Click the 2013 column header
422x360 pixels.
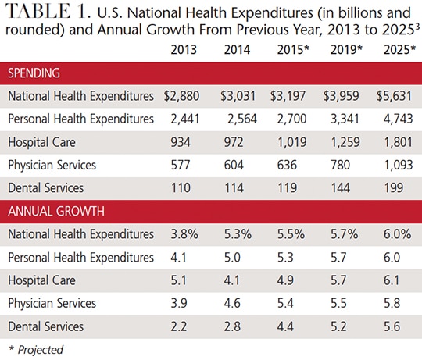click(x=184, y=50)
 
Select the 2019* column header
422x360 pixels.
click(x=346, y=50)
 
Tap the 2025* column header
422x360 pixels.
click(x=400, y=50)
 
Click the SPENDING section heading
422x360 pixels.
click(x=34, y=73)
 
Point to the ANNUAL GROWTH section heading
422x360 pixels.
click(x=56, y=212)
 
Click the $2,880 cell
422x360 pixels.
click(x=181, y=96)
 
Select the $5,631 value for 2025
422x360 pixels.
click(x=395, y=96)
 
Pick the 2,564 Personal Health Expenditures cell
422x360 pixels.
click(x=242, y=119)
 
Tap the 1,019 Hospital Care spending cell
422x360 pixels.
click(x=292, y=142)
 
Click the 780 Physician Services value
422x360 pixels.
click(x=341, y=165)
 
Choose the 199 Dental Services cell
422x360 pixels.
click(x=394, y=188)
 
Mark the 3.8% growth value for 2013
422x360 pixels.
click(x=184, y=234)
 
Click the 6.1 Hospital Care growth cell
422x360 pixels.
click(x=392, y=280)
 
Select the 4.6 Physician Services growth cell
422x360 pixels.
click(x=232, y=304)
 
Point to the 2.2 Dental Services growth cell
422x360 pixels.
click(x=179, y=326)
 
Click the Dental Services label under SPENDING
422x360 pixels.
click(x=46, y=188)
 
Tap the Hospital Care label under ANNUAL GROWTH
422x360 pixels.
click(x=41, y=280)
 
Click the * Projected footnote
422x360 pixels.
click(x=36, y=350)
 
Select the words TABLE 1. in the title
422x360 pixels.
click(x=48, y=12)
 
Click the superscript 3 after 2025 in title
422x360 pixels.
click(x=417, y=26)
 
